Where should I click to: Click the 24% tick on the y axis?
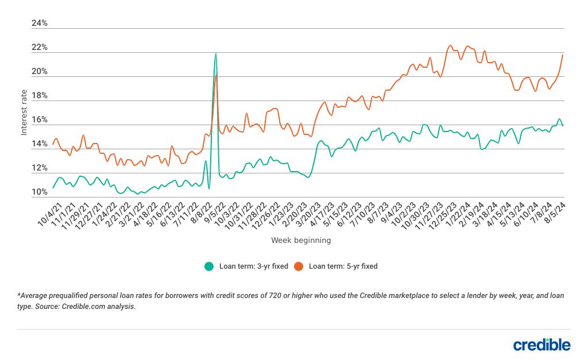pyautogui.click(x=40, y=24)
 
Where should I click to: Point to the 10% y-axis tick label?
pyautogui.click(x=40, y=192)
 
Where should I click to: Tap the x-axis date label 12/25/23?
pyautogui.click(x=443, y=214)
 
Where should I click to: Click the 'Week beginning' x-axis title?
pyautogui.click(x=301, y=241)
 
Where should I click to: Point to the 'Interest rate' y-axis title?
pyautogui.click(x=24, y=112)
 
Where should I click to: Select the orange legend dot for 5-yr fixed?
pyautogui.click(x=299, y=266)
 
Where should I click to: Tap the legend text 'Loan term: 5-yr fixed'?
pyautogui.click(x=343, y=266)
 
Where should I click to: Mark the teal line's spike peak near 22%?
pyautogui.click(x=216, y=53)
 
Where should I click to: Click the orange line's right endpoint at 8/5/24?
pyautogui.click(x=563, y=55)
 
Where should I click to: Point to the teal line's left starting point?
pyautogui.click(x=53, y=188)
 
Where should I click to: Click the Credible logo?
pyautogui.click(x=541, y=344)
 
